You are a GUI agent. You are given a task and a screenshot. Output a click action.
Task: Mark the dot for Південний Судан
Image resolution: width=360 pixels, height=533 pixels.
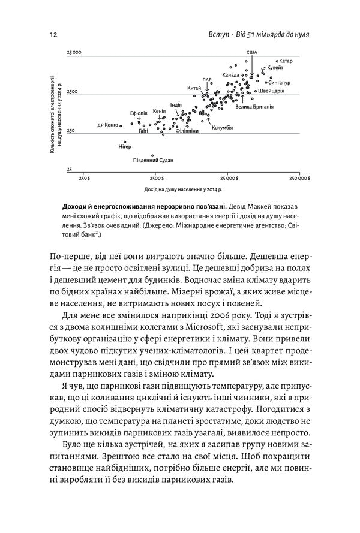point(152,154)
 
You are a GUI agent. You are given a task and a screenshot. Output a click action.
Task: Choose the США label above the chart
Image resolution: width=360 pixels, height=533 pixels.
point(251,53)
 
